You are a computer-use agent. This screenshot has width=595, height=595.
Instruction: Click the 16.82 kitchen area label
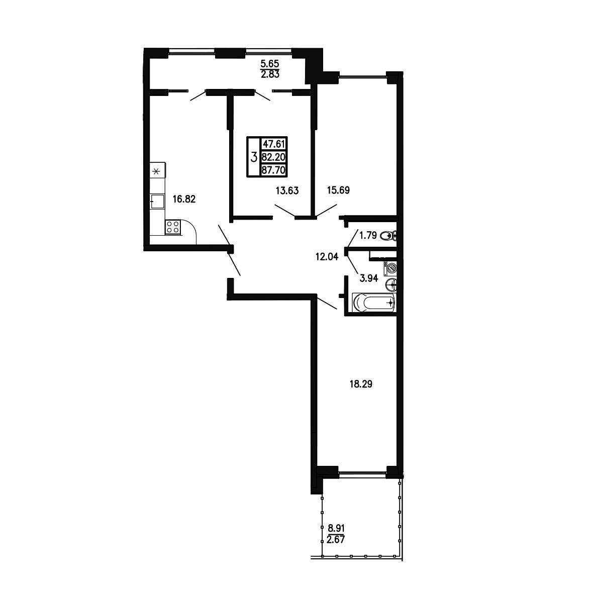[x=184, y=199]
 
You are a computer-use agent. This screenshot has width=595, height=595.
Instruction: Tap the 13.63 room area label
[x=287, y=190]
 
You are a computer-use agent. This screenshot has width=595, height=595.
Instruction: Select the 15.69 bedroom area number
[x=339, y=190]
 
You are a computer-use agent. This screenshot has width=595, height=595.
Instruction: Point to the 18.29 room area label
[x=361, y=384]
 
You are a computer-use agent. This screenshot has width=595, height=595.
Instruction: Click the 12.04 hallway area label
[x=326, y=257]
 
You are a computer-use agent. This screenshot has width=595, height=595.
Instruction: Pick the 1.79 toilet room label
[x=368, y=236]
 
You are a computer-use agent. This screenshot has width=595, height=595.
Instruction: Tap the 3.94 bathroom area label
[x=369, y=278]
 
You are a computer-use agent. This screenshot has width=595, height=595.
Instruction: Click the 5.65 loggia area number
[x=270, y=64]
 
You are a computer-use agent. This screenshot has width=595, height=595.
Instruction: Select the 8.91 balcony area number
[x=336, y=528]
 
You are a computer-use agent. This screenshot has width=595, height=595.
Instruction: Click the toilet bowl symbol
[x=388, y=236]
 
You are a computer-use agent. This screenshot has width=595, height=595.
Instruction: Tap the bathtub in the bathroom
[x=374, y=303]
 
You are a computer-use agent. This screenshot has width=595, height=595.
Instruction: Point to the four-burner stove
[x=173, y=227]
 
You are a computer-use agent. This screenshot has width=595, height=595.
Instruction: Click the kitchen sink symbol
[x=157, y=201]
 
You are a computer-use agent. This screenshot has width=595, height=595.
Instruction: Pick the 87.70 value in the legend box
[x=273, y=170]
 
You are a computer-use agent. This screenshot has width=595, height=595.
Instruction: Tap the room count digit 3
[x=254, y=156]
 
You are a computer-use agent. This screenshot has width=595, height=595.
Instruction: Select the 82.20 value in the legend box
[x=273, y=157]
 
